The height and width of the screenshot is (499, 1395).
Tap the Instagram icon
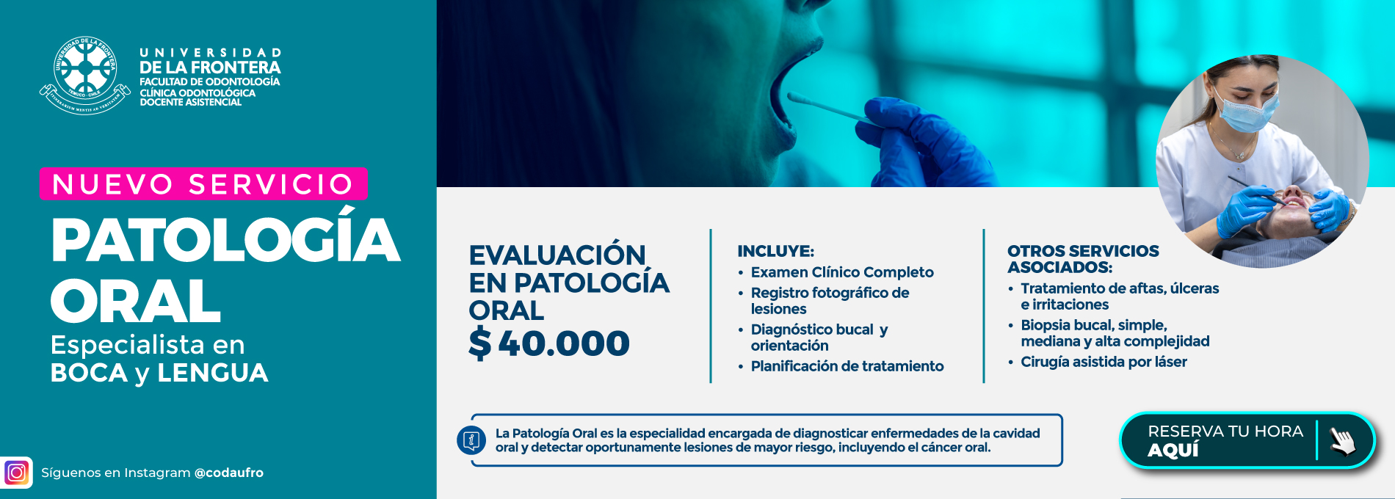pos(16,473)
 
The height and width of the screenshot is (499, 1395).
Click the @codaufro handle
pos(228,473)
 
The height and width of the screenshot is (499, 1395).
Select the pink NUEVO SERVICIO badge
pos(203,183)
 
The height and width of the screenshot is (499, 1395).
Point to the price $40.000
pos(549,343)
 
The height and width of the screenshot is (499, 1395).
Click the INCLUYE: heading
pos(775,251)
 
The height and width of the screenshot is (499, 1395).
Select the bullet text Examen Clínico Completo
pos(842,272)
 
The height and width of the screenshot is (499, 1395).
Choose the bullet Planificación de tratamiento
pos(847,366)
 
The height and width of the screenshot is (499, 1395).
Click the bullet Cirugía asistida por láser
pos(1104,362)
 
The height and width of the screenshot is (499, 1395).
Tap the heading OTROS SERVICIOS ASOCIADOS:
pos(1083,259)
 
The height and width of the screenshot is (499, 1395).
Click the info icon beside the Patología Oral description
pos(471,440)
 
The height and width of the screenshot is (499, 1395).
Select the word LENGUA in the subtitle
pos(213,373)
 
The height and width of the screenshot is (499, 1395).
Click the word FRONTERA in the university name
pos(236,67)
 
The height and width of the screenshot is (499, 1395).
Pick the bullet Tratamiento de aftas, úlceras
pos(1120,288)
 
